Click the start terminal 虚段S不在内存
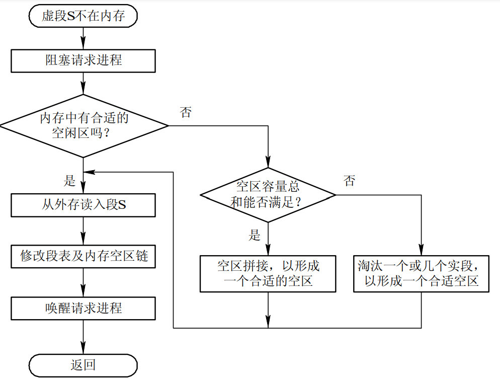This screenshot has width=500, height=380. tap(83, 16)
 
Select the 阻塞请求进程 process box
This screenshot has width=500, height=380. tap(83, 60)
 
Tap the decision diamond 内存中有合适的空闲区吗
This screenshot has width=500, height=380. tap(84, 126)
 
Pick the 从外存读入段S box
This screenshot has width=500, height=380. tap(83, 206)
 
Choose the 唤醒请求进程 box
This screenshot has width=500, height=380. tap(83, 308)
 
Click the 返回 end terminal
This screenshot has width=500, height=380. tap(83, 365)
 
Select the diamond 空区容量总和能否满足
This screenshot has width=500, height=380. tap(268, 195)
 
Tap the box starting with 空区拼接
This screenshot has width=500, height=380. tap(268, 273)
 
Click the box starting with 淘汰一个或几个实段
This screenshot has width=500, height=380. tap(421, 273)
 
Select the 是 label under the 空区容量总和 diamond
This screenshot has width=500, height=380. tap(255, 235)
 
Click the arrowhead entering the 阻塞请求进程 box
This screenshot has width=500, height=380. tap(83, 45)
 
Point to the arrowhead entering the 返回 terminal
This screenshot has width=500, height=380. tap(83, 350)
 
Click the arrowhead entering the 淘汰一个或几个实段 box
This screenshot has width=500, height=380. tap(421, 251)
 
